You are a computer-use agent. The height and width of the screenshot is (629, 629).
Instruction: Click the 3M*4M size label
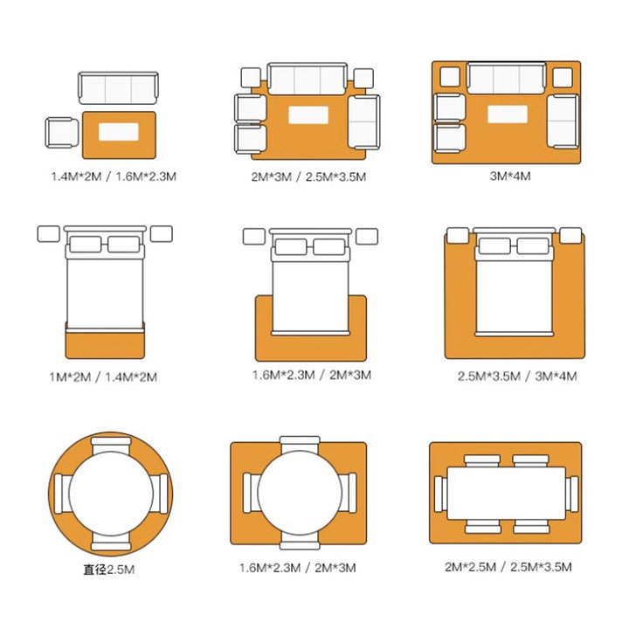(510, 176)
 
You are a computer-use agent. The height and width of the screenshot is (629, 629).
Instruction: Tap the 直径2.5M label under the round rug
(108, 570)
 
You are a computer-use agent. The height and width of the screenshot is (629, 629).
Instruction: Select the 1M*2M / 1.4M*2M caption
(103, 377)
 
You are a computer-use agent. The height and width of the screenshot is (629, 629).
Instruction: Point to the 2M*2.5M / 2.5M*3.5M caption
(508, 567)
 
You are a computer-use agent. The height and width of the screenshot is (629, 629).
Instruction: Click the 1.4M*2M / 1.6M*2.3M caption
(114, 176)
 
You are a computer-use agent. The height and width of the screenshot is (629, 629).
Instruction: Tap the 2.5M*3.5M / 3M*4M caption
(517, 377)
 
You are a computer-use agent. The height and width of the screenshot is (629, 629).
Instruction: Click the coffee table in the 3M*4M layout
(508, 114)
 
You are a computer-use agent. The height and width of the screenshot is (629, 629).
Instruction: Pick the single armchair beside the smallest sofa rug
(62, 133)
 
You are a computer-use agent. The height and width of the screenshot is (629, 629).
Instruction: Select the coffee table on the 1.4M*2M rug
(119, 132)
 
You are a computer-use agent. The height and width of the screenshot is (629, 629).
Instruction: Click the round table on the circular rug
(111, 494)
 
